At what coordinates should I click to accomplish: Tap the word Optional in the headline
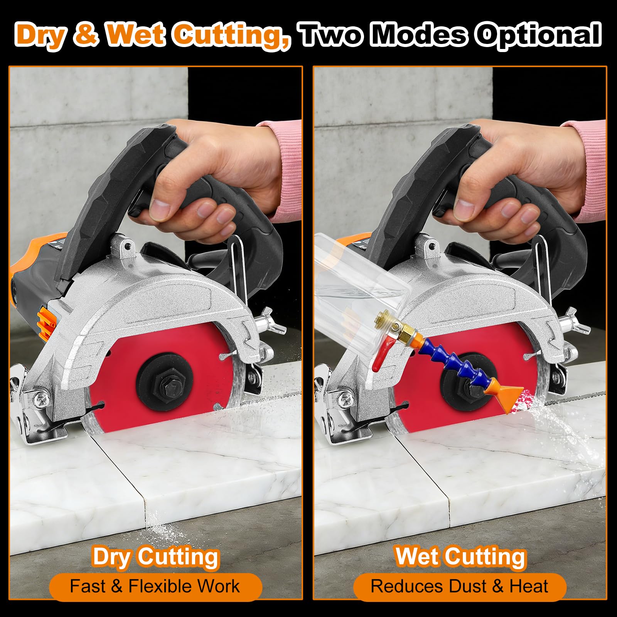[538, 35]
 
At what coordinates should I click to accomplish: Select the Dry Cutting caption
[156, 557]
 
